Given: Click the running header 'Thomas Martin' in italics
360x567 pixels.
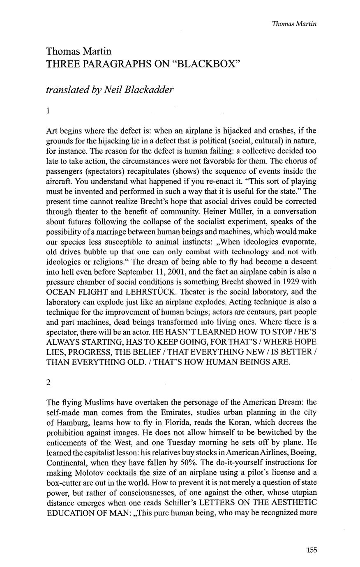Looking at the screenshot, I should [x=294, y=23].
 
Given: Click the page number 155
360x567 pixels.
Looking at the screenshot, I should [x=311, y=550].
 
